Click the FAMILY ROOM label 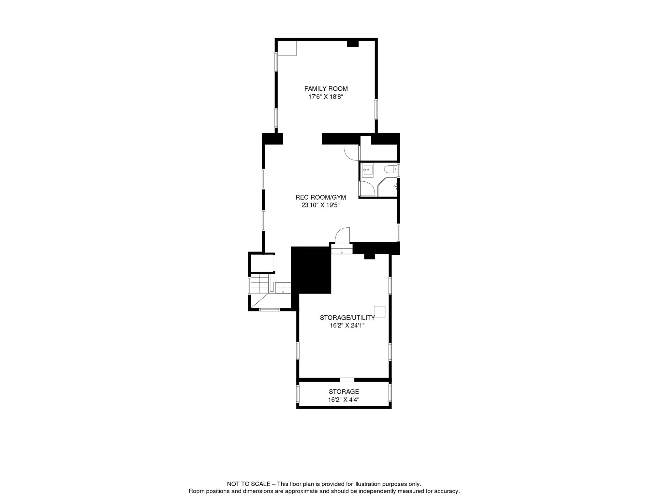click(x=326, y=89)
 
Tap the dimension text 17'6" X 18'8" click(x=326, y=97)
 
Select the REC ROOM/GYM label click(x=321, y=197)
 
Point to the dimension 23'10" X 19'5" click(x=321, y=205)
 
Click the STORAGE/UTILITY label click(x=347, y=318)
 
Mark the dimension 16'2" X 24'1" click(x=347, y=326)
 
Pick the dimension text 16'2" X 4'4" click(x=344, y=400)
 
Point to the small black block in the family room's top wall click(x=353, y=44)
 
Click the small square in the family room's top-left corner click(x=287, y=49)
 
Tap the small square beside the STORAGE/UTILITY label click(x=380, y=312)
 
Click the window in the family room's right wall click(x=376, y=109)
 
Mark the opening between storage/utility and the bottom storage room click(x=347, y=380)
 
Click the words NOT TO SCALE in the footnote click(x=249, y=484)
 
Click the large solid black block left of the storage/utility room click(x=311, y=270)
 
